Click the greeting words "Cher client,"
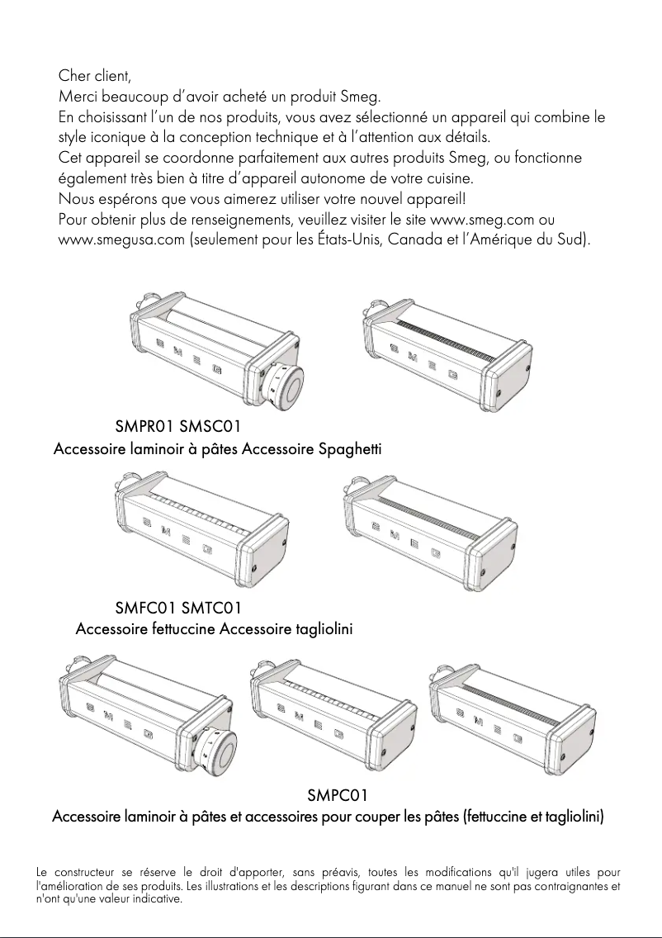(95, 77)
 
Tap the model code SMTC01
(211, 609)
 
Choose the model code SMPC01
(337, 796)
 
